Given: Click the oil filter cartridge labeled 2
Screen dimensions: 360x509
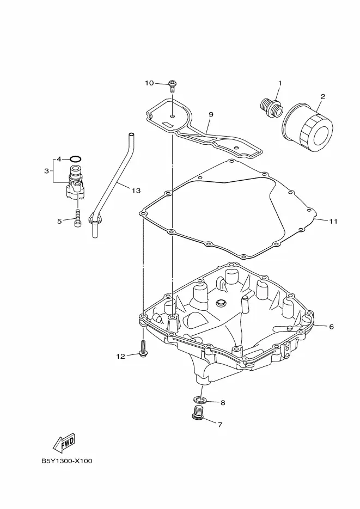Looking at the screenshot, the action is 307,127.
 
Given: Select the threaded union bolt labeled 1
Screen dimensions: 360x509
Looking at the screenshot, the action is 272,108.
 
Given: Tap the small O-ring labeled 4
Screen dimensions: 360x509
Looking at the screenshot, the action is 75,159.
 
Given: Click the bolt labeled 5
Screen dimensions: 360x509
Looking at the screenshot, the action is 77,219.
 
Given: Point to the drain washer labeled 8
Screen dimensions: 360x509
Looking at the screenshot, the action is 200,398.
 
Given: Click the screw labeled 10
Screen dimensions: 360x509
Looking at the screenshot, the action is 172,87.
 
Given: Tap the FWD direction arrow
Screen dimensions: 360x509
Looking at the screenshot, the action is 64,443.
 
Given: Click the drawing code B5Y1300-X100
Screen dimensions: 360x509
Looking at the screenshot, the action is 66,461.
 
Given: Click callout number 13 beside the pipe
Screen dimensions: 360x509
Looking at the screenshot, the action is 136,191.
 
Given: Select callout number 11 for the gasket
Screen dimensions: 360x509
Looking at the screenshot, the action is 333,222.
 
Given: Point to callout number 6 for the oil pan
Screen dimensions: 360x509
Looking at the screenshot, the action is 331,327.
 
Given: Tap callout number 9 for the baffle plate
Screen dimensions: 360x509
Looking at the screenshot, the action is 211,114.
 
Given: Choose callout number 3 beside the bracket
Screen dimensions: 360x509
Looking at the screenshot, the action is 46,171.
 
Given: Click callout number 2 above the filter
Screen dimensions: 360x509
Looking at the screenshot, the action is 322,96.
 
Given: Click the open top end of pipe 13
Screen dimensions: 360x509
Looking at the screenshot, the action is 131,134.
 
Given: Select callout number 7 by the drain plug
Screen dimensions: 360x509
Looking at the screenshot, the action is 220,425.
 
